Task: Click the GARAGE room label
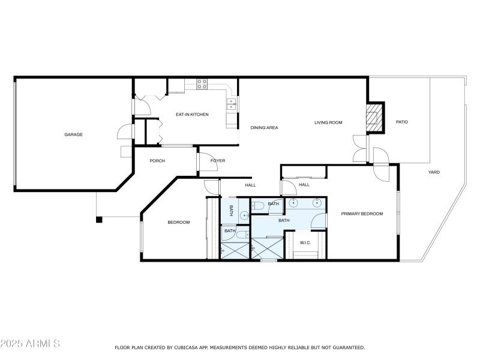[74, 134]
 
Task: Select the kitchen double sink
[231, 104]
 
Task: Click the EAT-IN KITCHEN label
[192, 114]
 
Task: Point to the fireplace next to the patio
[375, 118]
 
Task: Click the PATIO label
[401, 122]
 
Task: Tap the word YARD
[433, 172]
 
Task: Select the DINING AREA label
[264, 127]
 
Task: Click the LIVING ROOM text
[328, 122]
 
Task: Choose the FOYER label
[217, 160]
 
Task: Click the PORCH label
[157, 160]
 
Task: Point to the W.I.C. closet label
[305, 242]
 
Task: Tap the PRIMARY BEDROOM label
[362, 214]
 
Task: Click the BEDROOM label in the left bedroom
[178, 223]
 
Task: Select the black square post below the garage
[99, 220]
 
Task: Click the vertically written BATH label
[232, 211]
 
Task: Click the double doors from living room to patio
[359, 148]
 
